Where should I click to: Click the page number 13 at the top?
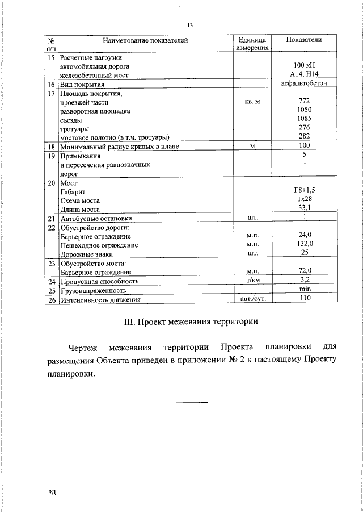(x=189, y=25)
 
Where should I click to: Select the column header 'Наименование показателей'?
(x=145, y=40)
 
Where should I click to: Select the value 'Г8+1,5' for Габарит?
(x=304, y=191)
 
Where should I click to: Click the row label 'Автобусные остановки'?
(x=96, y=218)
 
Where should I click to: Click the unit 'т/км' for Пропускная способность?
(x=252, y=280)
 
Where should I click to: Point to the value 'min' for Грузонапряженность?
(x=305, y=289)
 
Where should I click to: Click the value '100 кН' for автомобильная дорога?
(x=304, y=66)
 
